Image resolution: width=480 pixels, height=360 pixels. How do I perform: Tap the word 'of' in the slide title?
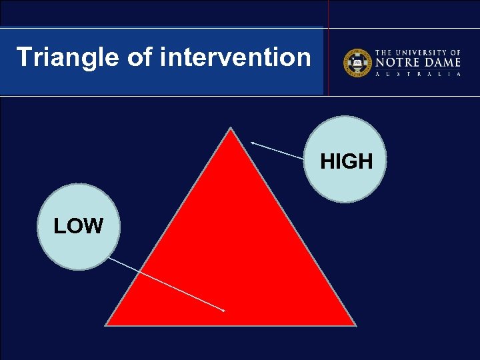tap(139, 57)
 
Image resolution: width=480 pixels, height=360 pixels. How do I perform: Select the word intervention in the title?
tap(235, 57)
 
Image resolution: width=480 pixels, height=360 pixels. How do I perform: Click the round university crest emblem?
tap(357, 63)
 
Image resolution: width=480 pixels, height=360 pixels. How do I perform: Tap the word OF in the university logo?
tap(455, 52)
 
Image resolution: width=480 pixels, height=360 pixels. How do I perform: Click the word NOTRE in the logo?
tap(397, 63)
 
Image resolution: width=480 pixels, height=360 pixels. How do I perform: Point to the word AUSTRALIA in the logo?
tap(419, 75)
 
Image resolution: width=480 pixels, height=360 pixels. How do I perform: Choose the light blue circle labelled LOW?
tap(78, 227)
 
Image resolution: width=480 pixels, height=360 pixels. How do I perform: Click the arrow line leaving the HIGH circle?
tap(278, 151)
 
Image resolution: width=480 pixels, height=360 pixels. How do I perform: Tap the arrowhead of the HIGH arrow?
tap(253, 143)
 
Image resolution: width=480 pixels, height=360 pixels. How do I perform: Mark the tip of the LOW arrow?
tap(224, 311)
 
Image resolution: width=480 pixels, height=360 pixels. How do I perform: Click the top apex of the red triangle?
tap(231, 129)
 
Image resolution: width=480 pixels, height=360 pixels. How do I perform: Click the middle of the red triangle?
tap(231, 253)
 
